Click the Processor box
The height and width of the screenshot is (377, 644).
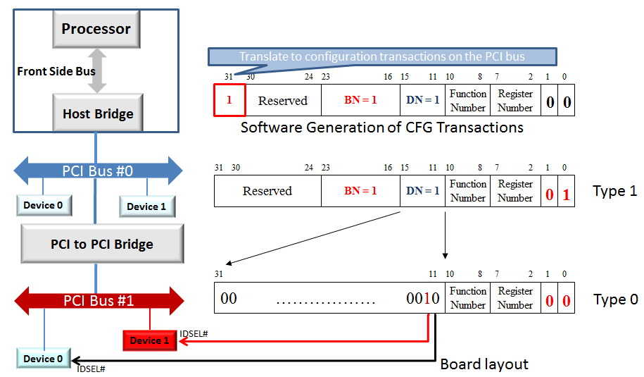pyautogui.click(x=96, y=29)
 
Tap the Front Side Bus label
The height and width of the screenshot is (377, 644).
pyautogui.click(x=46, y=71)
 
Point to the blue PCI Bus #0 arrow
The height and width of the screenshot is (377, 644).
pyautogui.click(x=98, y=171)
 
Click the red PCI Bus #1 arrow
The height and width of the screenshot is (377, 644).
pyautogui.click(x=98, y=301)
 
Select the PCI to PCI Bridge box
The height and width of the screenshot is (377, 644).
pyautogui.click(x=102, y=245)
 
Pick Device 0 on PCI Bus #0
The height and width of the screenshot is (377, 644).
pyautogui.click(x=44, y=205)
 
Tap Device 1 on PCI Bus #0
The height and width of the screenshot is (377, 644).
pyautogui.click(x=147, y=206)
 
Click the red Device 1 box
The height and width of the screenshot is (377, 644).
pyautogui.click(x=150, y=340)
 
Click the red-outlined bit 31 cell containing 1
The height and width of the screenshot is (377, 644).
pyautogui.click(x=229, y=100)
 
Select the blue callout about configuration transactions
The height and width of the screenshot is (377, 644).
pyautogui.click(x=382, y=56)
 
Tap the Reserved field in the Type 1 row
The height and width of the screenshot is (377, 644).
pyautogui.click(x=267, y=191)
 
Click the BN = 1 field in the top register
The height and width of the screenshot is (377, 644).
pyautogui.click(x=360, y=100)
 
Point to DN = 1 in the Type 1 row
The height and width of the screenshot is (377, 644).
pyautogui.click(x=422, y=191)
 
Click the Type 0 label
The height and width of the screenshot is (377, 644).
pyautogui.click(x=615, y=299)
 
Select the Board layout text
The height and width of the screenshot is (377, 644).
pyautogui.click(x=484, y=364)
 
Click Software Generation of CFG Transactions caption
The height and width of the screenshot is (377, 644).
pyautogui.click(x=381, y=128)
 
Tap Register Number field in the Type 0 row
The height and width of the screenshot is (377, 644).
pyautogui.click(x=515, y=298)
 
